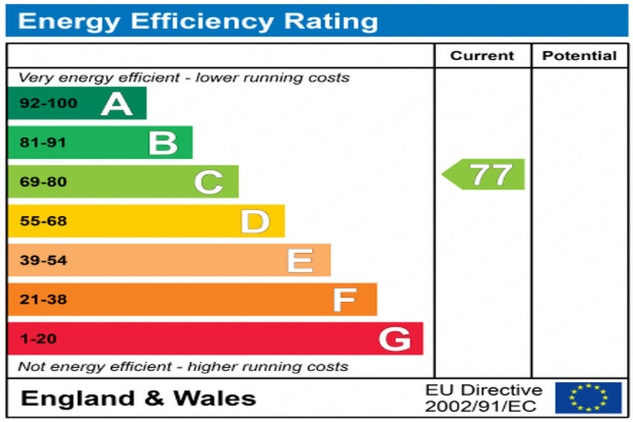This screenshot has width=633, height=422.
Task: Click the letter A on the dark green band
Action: tap(117, 103)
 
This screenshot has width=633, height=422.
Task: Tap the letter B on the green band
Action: tap(163, 143)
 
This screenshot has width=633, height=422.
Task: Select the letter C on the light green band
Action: tap(208, 182)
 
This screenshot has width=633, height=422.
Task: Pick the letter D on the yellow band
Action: tap(255, 221)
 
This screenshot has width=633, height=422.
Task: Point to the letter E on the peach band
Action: tap(300, 261)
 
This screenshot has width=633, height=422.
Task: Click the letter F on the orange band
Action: tap(345, 299)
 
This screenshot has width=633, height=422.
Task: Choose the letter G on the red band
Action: tap(394, 339)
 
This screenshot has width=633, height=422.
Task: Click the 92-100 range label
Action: tap(38, 103)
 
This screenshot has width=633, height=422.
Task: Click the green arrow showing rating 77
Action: tap(485, 174)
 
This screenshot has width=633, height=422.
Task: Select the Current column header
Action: tap(482, 56)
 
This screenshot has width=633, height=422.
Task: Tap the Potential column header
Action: tap(579, 56)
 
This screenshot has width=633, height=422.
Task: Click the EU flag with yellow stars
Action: tap(588, 398)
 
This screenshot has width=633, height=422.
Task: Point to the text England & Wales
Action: tap(138, 398)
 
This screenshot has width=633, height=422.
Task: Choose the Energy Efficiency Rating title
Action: tap(198, 21)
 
